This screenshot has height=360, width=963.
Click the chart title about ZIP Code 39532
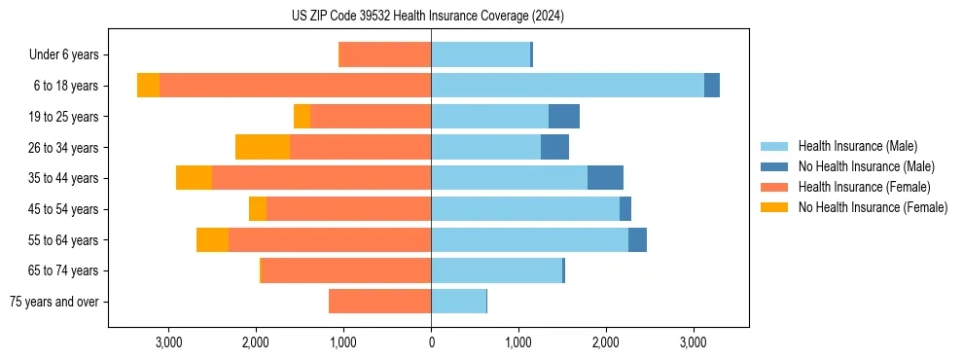428,16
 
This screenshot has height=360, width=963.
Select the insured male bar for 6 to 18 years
567,86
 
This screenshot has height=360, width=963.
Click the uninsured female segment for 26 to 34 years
263,147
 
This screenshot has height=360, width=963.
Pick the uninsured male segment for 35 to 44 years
605,178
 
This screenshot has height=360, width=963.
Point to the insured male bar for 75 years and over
458,302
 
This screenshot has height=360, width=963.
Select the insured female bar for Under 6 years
384,54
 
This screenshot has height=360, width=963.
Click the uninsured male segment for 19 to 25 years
564,117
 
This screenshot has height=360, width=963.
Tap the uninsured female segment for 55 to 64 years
212,240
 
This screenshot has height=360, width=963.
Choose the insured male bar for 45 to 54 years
525,209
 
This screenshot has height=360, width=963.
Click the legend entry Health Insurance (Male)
857,146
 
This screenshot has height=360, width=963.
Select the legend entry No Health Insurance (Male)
866,166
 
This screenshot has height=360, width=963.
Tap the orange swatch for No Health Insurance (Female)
774,207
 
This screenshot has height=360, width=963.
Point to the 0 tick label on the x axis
431,342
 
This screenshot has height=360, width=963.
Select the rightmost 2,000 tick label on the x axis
605,342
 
